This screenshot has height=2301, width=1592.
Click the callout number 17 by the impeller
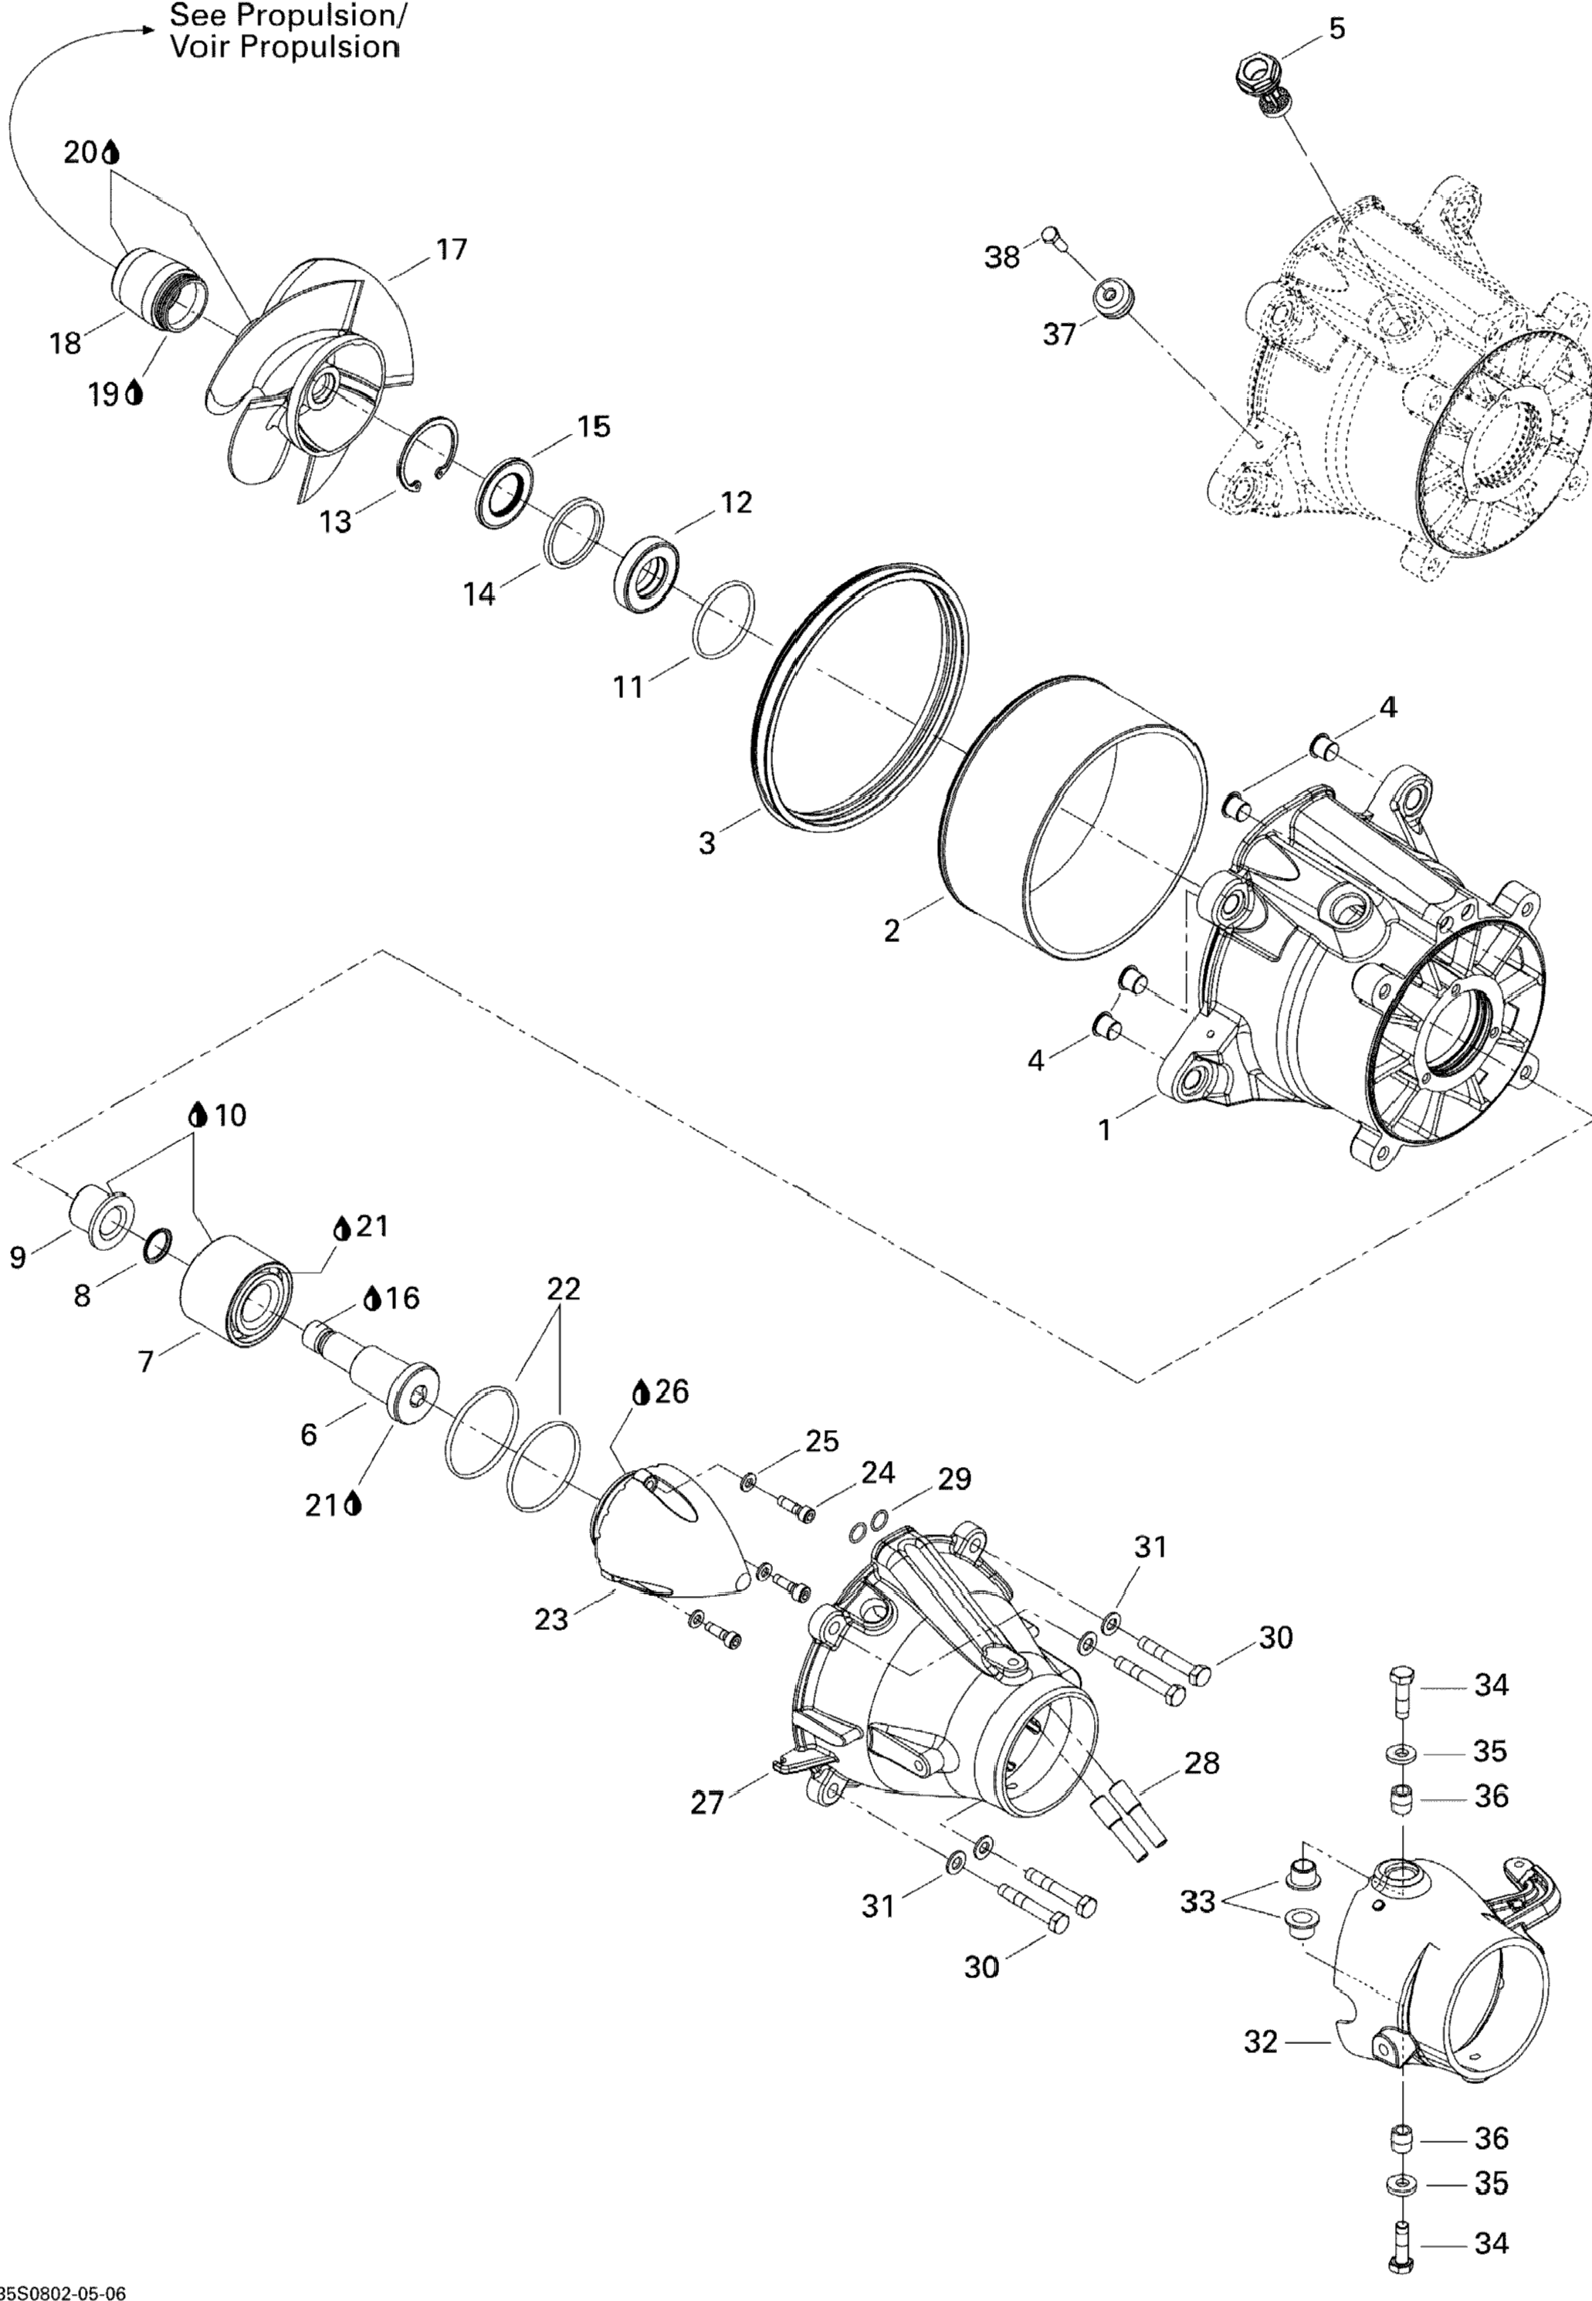point(451,249)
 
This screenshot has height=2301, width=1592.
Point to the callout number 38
point(1001,257)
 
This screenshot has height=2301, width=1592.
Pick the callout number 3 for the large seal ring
point(706,844)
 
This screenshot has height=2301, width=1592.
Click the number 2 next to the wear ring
point(892,930)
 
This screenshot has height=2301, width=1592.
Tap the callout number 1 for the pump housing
point(1104,1130)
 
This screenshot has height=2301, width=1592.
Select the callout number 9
point(18,1258)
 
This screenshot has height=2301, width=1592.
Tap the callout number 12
point(735,502)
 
